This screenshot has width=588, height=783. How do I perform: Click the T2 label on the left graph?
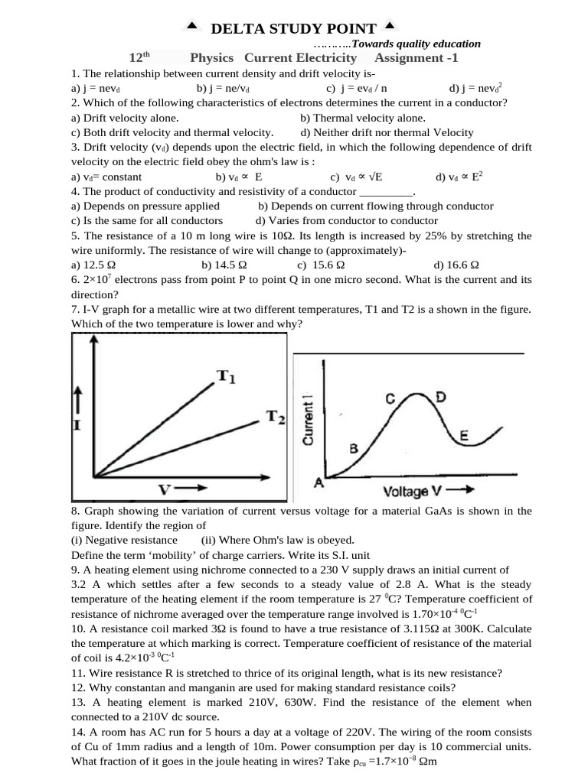(x=276, y=417)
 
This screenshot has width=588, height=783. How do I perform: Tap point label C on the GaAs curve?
(x=390, y=398)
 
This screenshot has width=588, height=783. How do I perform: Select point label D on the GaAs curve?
(x=440, y=396)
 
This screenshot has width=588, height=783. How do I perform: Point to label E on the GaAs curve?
(x=462, y=436)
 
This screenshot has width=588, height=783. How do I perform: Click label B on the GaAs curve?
(x=354, y=449)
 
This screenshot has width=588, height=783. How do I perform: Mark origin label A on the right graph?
(x=318, y=483)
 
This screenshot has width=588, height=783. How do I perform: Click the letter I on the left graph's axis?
(x=77, y=424)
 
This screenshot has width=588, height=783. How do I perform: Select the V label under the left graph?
(x=165, y=489)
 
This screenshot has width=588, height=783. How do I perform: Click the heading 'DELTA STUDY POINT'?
(x=293, y=29)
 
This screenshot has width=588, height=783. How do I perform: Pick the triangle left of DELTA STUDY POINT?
(x=192, y=27)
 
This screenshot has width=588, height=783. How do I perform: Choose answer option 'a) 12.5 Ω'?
(x=93, y=265)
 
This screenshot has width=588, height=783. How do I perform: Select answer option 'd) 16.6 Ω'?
(x=456, y=265)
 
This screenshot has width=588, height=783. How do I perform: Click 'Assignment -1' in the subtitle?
(x=416, y=58)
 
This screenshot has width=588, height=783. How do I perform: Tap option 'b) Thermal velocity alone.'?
(x=363, y=118)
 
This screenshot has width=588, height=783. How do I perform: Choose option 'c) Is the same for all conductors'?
(x=147, y=220)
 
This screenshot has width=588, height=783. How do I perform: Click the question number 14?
(x=77, y=731)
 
